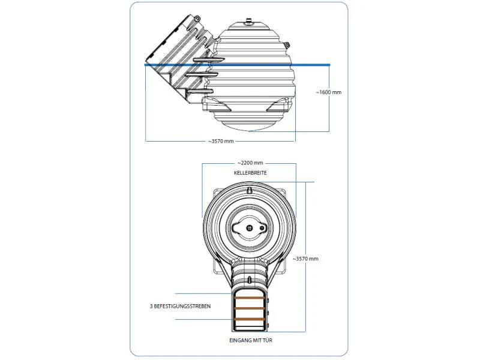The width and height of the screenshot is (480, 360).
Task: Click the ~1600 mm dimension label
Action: coord(328,92)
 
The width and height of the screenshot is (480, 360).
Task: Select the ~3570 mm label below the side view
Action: coord(221,141)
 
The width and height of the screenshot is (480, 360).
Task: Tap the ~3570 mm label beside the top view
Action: coord(305,259)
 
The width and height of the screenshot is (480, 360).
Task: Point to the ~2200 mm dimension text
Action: coord(250,163)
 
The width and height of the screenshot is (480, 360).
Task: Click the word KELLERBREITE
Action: coord(250,173)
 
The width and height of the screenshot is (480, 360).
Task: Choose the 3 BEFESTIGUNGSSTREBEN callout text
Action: coord(181,306)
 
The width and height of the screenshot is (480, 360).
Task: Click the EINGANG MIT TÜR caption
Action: coord(251,340)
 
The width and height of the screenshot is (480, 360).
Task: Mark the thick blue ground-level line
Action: coord(237,65)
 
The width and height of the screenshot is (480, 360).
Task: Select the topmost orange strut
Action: coord(249,298)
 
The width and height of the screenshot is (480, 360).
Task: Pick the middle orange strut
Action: coord(249,308)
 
